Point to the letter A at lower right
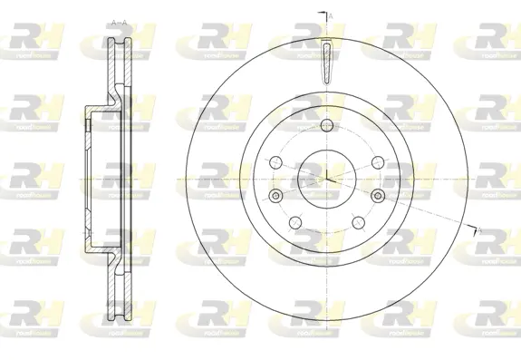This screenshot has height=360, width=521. (479, 234)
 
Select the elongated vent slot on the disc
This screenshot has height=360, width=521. (326, 62)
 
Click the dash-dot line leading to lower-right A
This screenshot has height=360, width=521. (426, 214)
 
